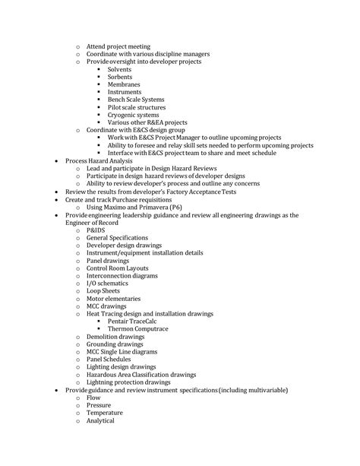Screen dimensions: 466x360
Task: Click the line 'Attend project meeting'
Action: (x=118, y=46)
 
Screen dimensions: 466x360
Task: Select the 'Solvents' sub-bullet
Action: (x=120, y=69)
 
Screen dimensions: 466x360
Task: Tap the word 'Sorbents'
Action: (x=120, y=77)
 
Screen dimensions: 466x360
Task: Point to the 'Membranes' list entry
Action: (x=124, y=84)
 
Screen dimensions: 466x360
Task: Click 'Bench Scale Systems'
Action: (x=137, y=100)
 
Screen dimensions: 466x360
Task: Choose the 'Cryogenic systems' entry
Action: (x=134, y=115)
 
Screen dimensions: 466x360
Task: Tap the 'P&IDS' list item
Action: (x=96, y=230)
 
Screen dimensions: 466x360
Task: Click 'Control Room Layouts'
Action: (x=118, y=268)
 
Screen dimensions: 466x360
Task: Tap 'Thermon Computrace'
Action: (x=140, y=328)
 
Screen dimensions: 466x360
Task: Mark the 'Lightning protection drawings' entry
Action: (x=128, y=382)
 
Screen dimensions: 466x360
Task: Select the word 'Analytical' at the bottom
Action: (x=100, y=420)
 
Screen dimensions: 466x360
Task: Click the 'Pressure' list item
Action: (x=99, y=405)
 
